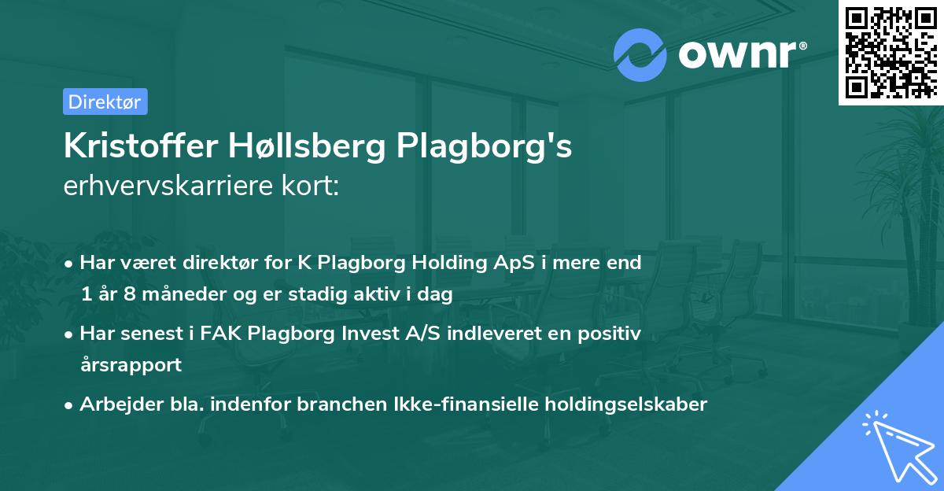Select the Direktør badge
click(x=105, y=102)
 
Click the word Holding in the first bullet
click(x=437, y=263)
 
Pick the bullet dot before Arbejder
click(x=70, y=405)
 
